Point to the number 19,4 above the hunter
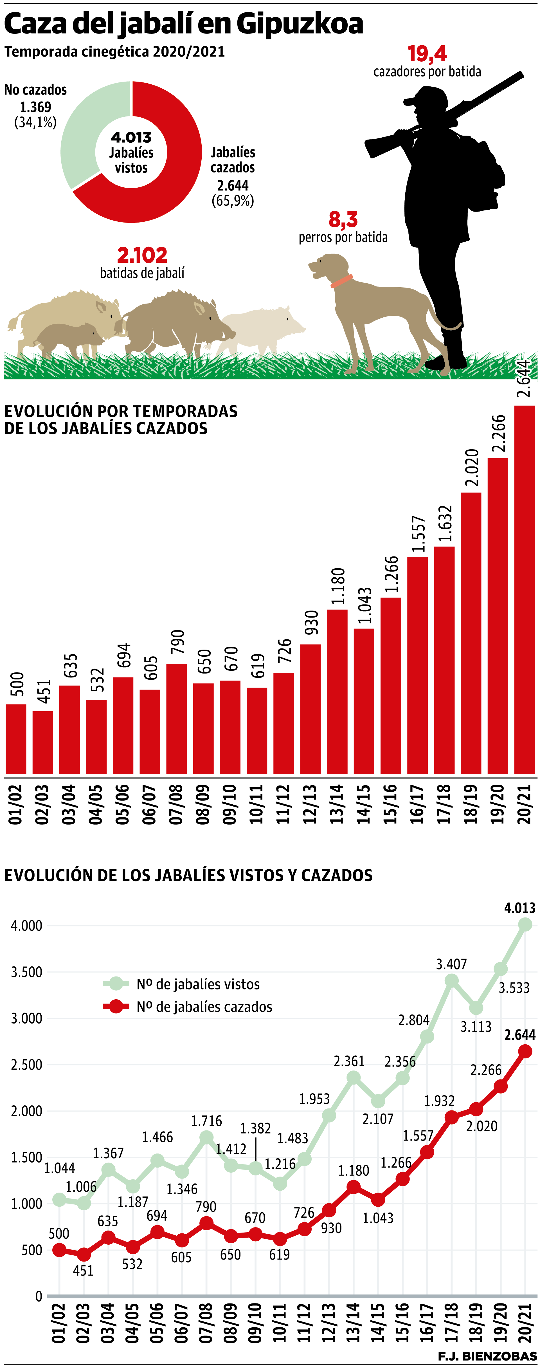427,54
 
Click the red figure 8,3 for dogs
343,219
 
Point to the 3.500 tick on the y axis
26,972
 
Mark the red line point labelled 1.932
451,1118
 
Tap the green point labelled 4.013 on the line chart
525,925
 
